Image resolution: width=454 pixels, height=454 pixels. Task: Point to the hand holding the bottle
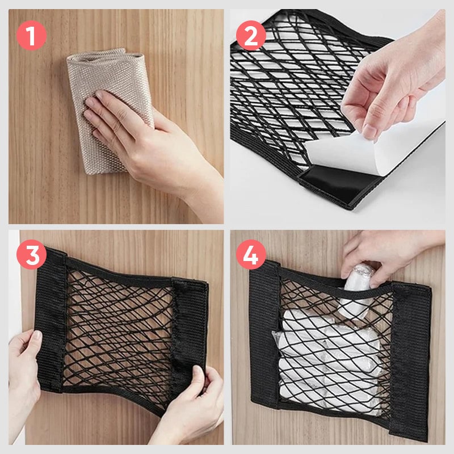coord(386,255)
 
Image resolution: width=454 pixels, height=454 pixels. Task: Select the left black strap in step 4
coord(264,340)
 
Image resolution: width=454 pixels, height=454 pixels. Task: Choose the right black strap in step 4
coord(411,352)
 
